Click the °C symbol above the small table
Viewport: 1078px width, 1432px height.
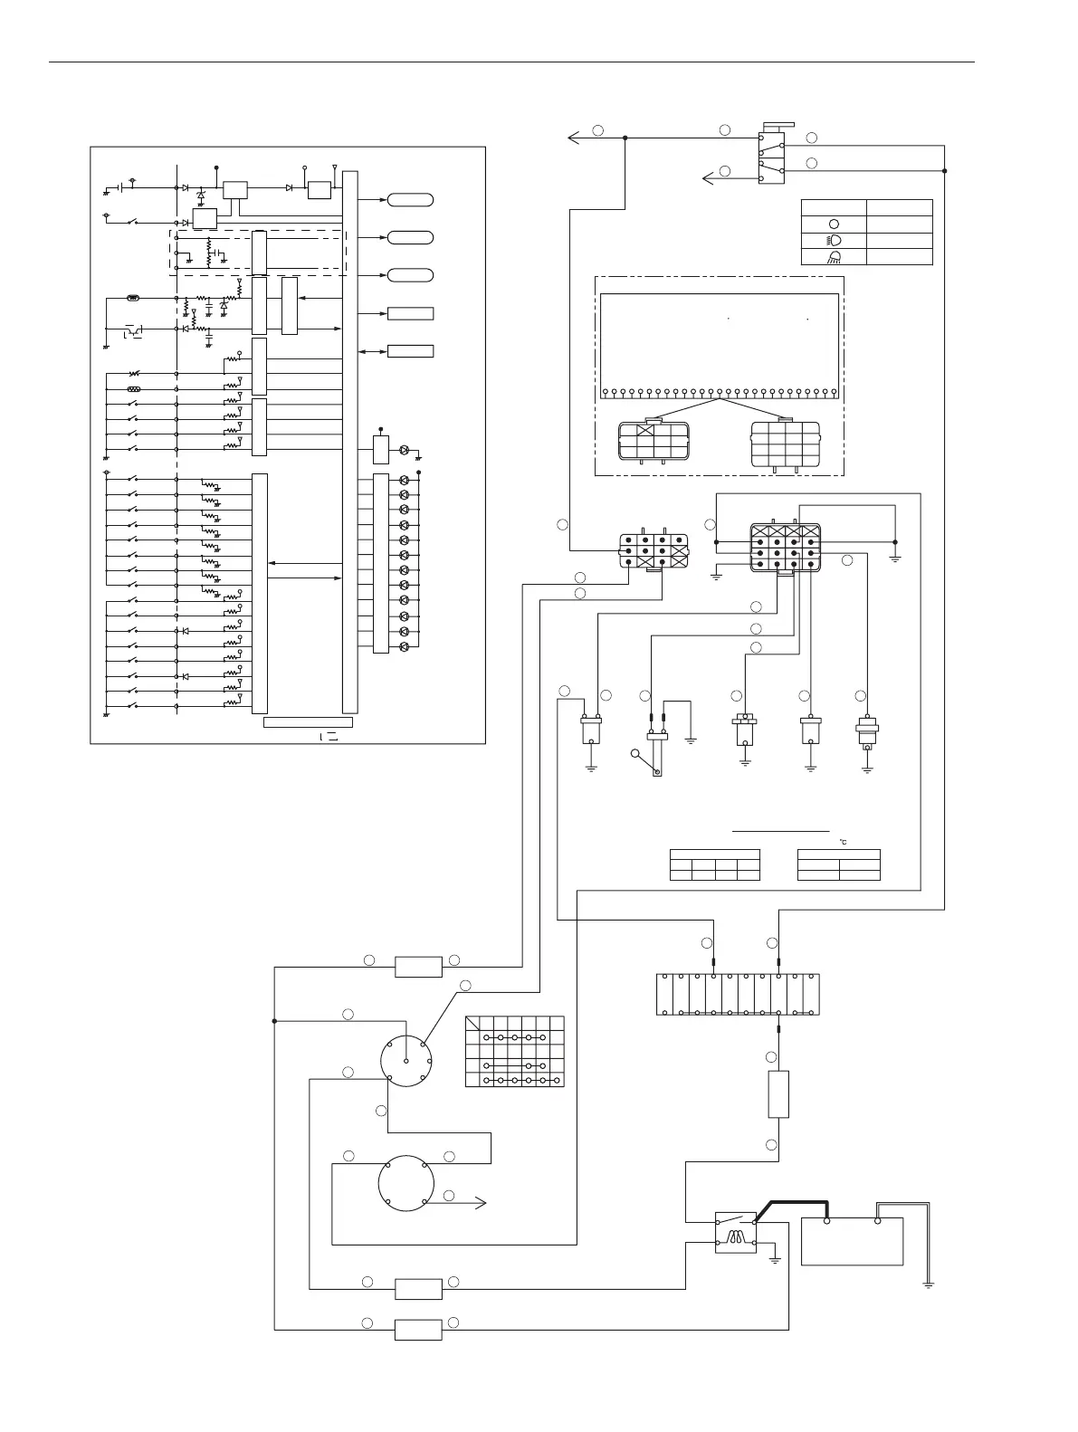(842, 843)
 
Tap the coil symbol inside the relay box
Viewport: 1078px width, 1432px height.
(736, 1239)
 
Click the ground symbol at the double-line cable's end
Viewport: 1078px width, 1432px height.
(928, 1284)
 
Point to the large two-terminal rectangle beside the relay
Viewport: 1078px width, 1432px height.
(852, 1241)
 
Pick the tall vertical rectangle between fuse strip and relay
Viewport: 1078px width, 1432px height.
(777, 1093)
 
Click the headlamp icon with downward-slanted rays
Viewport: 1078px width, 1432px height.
(834, 257)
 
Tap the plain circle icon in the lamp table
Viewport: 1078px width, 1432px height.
(834, 224)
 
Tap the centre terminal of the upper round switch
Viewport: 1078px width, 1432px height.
(406, 1061)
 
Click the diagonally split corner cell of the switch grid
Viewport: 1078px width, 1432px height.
(474, 1025)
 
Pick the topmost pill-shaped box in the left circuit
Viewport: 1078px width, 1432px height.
(410, 199)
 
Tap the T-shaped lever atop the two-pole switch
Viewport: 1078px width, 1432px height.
(776, 127)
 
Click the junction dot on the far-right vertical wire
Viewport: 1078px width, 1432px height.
(944, 170)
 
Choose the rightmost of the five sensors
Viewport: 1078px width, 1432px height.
(867, 730)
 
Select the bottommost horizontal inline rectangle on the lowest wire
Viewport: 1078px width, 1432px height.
(418, 1329)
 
